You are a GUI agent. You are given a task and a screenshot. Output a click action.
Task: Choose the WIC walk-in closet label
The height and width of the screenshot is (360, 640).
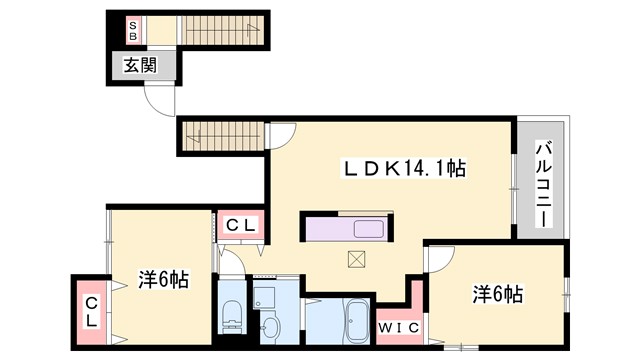point(397,326)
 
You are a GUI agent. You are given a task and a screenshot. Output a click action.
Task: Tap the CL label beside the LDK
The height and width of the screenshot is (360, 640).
point(240,226)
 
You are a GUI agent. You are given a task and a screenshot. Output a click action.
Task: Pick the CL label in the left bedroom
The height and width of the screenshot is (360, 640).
point(90,310)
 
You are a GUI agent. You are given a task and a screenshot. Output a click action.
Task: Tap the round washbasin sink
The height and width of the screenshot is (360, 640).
point(270,326)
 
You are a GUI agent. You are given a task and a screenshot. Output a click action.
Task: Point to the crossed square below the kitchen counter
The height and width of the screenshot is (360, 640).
point(357,257)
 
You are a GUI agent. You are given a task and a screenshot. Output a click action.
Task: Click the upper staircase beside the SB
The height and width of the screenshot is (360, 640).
point(223,29)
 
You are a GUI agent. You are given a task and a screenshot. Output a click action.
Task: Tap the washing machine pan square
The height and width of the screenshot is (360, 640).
point(265,296)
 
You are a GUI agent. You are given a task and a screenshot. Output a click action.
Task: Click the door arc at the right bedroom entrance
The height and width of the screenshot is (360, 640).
point(436,258)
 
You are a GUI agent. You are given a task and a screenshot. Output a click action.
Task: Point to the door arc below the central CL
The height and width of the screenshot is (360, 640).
point(234,262)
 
